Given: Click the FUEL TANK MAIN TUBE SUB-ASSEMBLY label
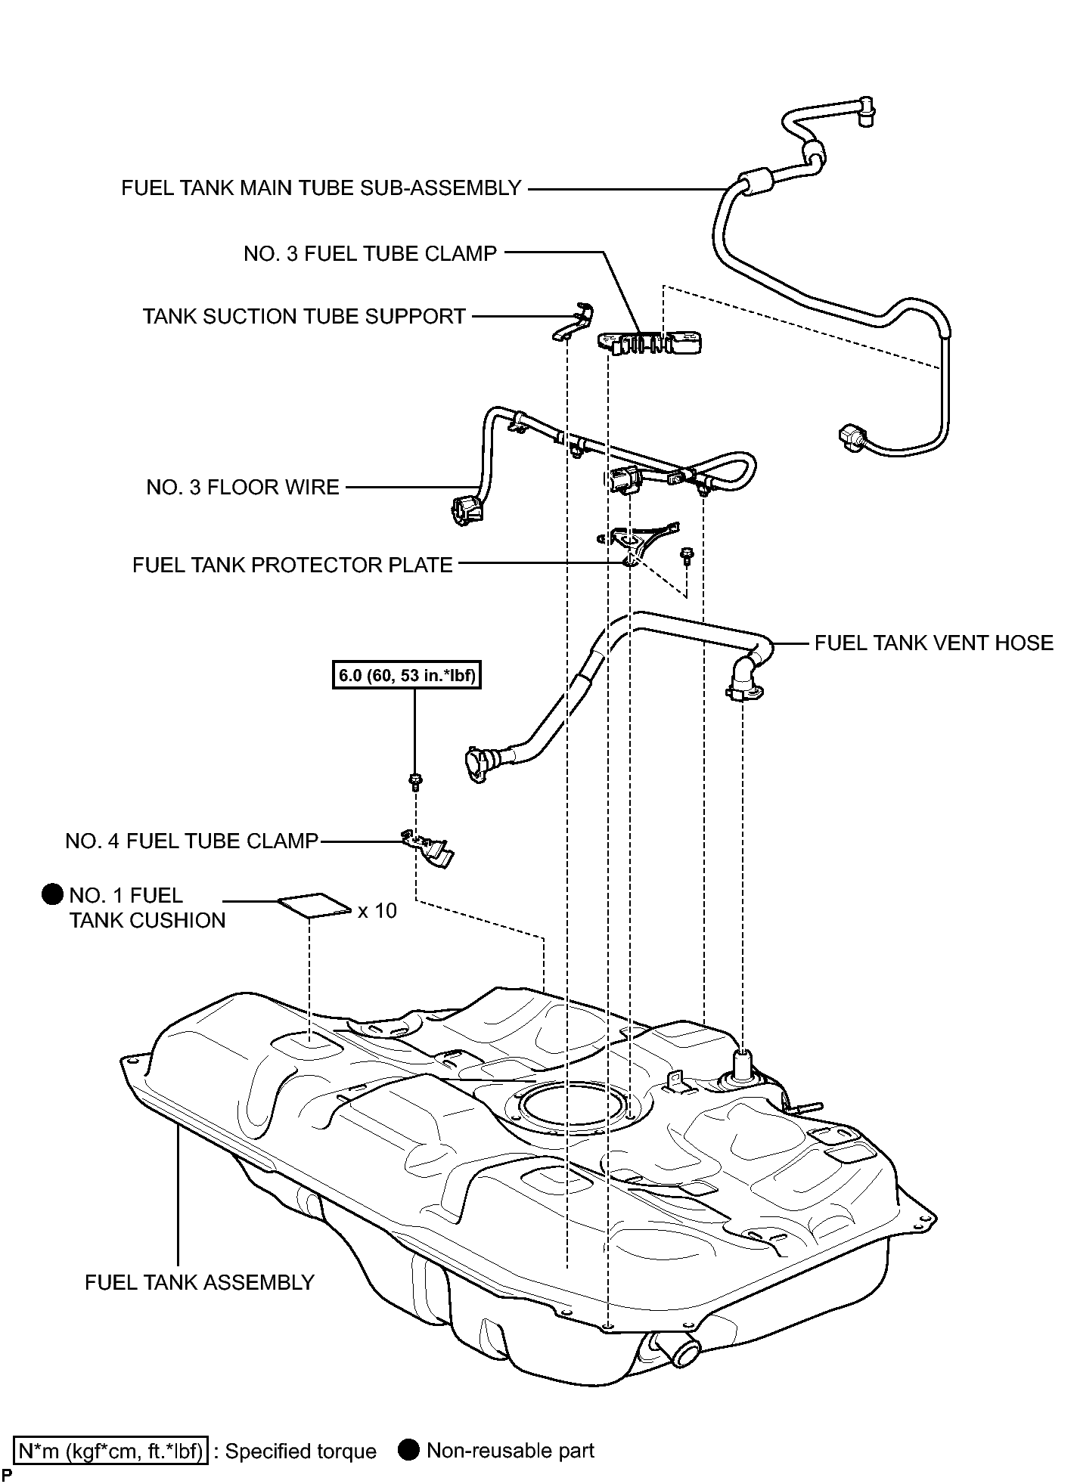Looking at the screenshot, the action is tap(321, 187).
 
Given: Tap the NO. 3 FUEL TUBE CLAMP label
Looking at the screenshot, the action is tap(370, 253).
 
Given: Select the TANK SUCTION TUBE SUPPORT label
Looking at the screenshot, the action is tap(304, 316).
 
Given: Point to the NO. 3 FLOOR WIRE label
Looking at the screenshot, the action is tap(243, 487).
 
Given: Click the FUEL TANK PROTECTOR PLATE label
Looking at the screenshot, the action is tap(293, 565).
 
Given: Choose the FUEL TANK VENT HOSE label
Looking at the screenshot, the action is tap(934, 643).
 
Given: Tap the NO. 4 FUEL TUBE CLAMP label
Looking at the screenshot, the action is tap(192, 841).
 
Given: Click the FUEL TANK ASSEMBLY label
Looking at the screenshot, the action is tap(200, 1282).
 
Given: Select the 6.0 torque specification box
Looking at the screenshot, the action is tap(407, 676).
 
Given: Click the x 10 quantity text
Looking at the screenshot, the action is tap(377, 911).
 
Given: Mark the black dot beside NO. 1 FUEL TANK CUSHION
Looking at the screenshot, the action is tap(52, 895).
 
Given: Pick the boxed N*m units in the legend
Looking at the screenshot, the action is tap(110, 1451).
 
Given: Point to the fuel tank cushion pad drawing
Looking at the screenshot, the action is tap(315, 905).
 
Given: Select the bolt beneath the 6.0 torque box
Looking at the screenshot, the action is tap(414, 781).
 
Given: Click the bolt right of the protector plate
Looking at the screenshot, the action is tap(687, 557).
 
